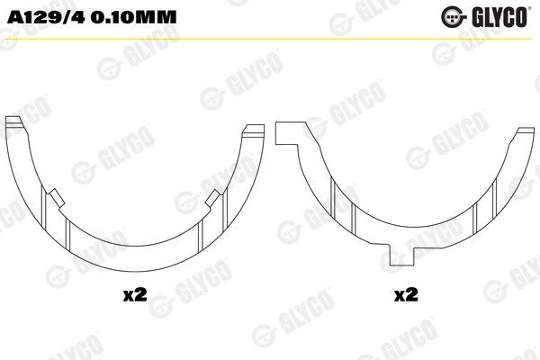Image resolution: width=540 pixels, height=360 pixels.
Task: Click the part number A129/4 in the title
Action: [x=46, y=17]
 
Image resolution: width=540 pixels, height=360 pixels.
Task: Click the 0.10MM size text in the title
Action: [x=134, y=17]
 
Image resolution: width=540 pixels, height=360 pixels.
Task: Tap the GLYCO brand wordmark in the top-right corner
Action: [x=499, y=17]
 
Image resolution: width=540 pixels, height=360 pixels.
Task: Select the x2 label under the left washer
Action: [x=135, y=295]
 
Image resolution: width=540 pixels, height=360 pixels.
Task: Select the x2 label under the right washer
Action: [x=406, y=295]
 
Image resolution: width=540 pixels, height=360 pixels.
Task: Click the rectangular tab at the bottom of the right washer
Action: [x=401, y=256]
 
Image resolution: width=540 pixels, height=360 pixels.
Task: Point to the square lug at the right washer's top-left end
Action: [x=286, y=132]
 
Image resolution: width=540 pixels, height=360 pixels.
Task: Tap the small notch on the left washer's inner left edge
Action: [x=56, y=198]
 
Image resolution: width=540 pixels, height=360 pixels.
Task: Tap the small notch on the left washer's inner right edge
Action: [x=213, y=198]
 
